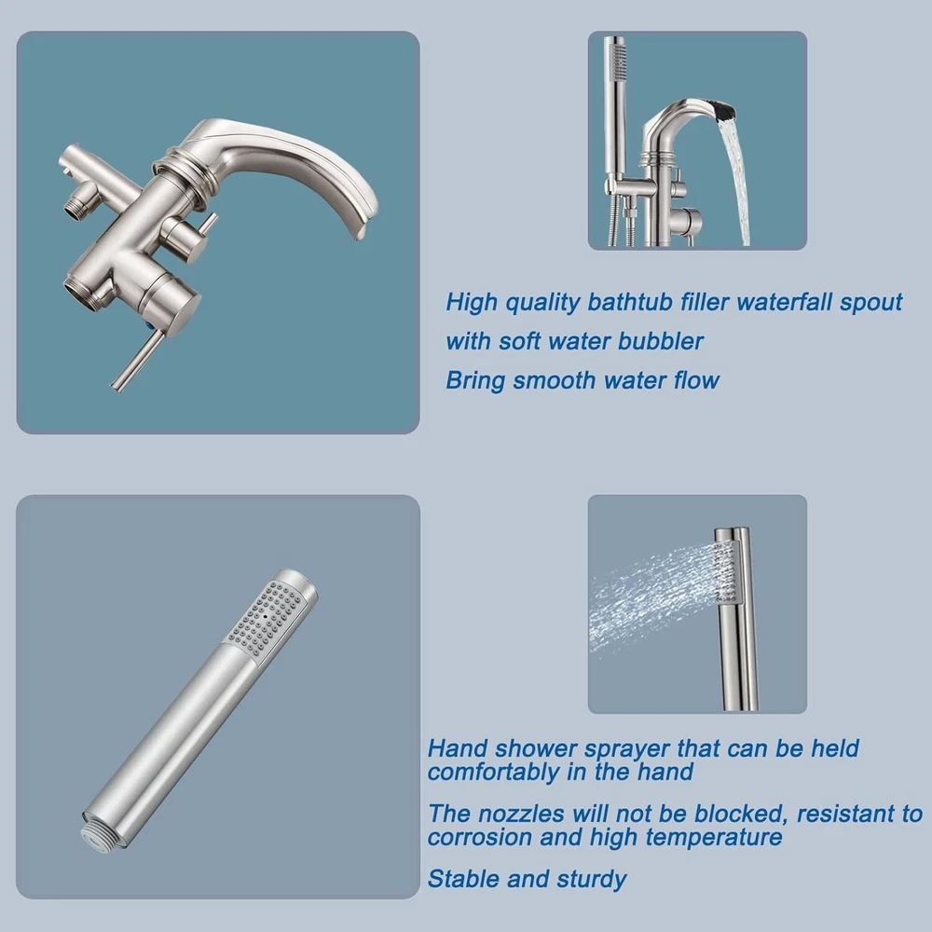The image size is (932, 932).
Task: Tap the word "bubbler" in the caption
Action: pyautogui.click(x=661, y=341)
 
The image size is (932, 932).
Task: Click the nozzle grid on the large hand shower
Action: pyautogui.click(x=270, y=618)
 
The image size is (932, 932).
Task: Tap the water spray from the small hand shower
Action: pyautogui.click(x=654, y=597)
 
